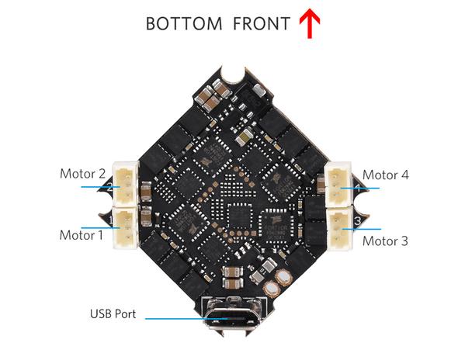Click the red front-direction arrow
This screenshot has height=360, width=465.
(309, 23)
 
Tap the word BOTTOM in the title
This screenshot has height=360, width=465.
(184, 24)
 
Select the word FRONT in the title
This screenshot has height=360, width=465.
(262, 24)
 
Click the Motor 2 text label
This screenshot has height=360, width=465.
(82, 174)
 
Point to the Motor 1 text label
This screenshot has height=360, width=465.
(82, 235)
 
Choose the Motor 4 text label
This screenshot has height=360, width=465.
(386, 175)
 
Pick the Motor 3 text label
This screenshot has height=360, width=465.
(385, 241)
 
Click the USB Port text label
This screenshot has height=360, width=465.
(113, 313)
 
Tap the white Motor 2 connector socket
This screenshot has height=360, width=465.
(126, 184)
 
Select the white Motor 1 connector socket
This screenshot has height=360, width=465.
(126, 227)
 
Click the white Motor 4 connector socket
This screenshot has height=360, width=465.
(338, 185)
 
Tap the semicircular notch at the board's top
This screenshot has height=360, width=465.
(234, 74)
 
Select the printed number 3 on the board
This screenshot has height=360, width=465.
(358, 221)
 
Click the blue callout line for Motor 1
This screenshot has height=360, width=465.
(101, 228)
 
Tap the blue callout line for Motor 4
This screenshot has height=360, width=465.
(360, 189)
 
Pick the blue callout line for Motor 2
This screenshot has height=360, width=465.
(101, 187)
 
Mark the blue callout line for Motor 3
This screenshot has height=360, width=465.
(362, 229)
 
